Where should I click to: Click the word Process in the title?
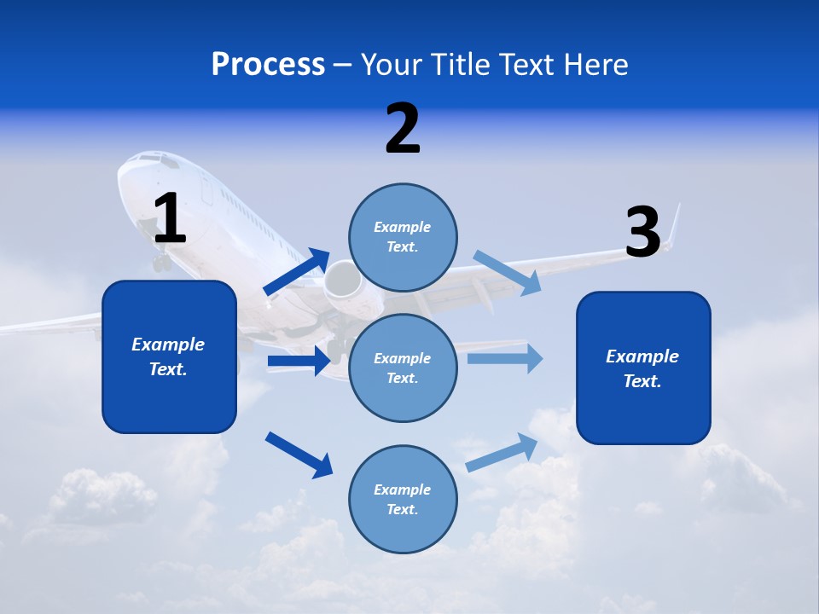pyautogui.click(x=268, y=65)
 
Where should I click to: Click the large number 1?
pyautogui.click(x=169, y=219)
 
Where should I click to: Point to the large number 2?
pyautogui.click(x=403, y=129)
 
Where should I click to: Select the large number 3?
pyautogui.click(x=642, y=232)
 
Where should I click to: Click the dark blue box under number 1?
pyautogui.click(x=169, y=356)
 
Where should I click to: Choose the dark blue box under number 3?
pyautogui.click(x=643, y=368)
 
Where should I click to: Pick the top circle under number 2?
pyautogui.click(x=403, y=237)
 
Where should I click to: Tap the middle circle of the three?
pyautogui.click(x=403, y=368)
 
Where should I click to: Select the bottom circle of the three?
pyautogui.click(x=403, y=499)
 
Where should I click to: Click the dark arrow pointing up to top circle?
pyautogui.click(x=297, y=271)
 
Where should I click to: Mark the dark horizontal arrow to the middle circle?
pyautogui.click(x=299, y=362)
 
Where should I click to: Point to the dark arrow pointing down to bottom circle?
pyautogui.click(x=299, y=454)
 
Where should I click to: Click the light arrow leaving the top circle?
pyautogui.click(x=508, y=272)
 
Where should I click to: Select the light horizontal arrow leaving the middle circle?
pyautogui.click(x=505, y=358)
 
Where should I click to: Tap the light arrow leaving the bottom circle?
pyautogui.click(x=502, y=452)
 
